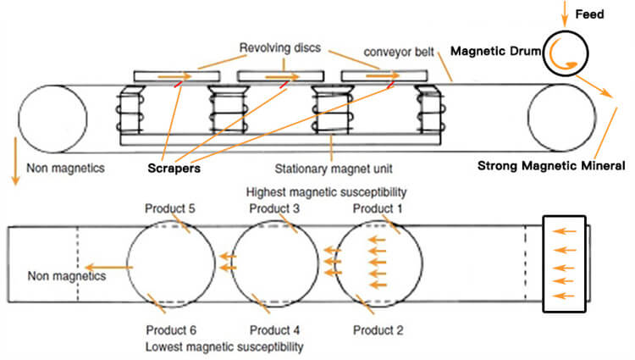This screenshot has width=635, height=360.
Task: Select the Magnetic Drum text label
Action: tap(491, 52)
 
